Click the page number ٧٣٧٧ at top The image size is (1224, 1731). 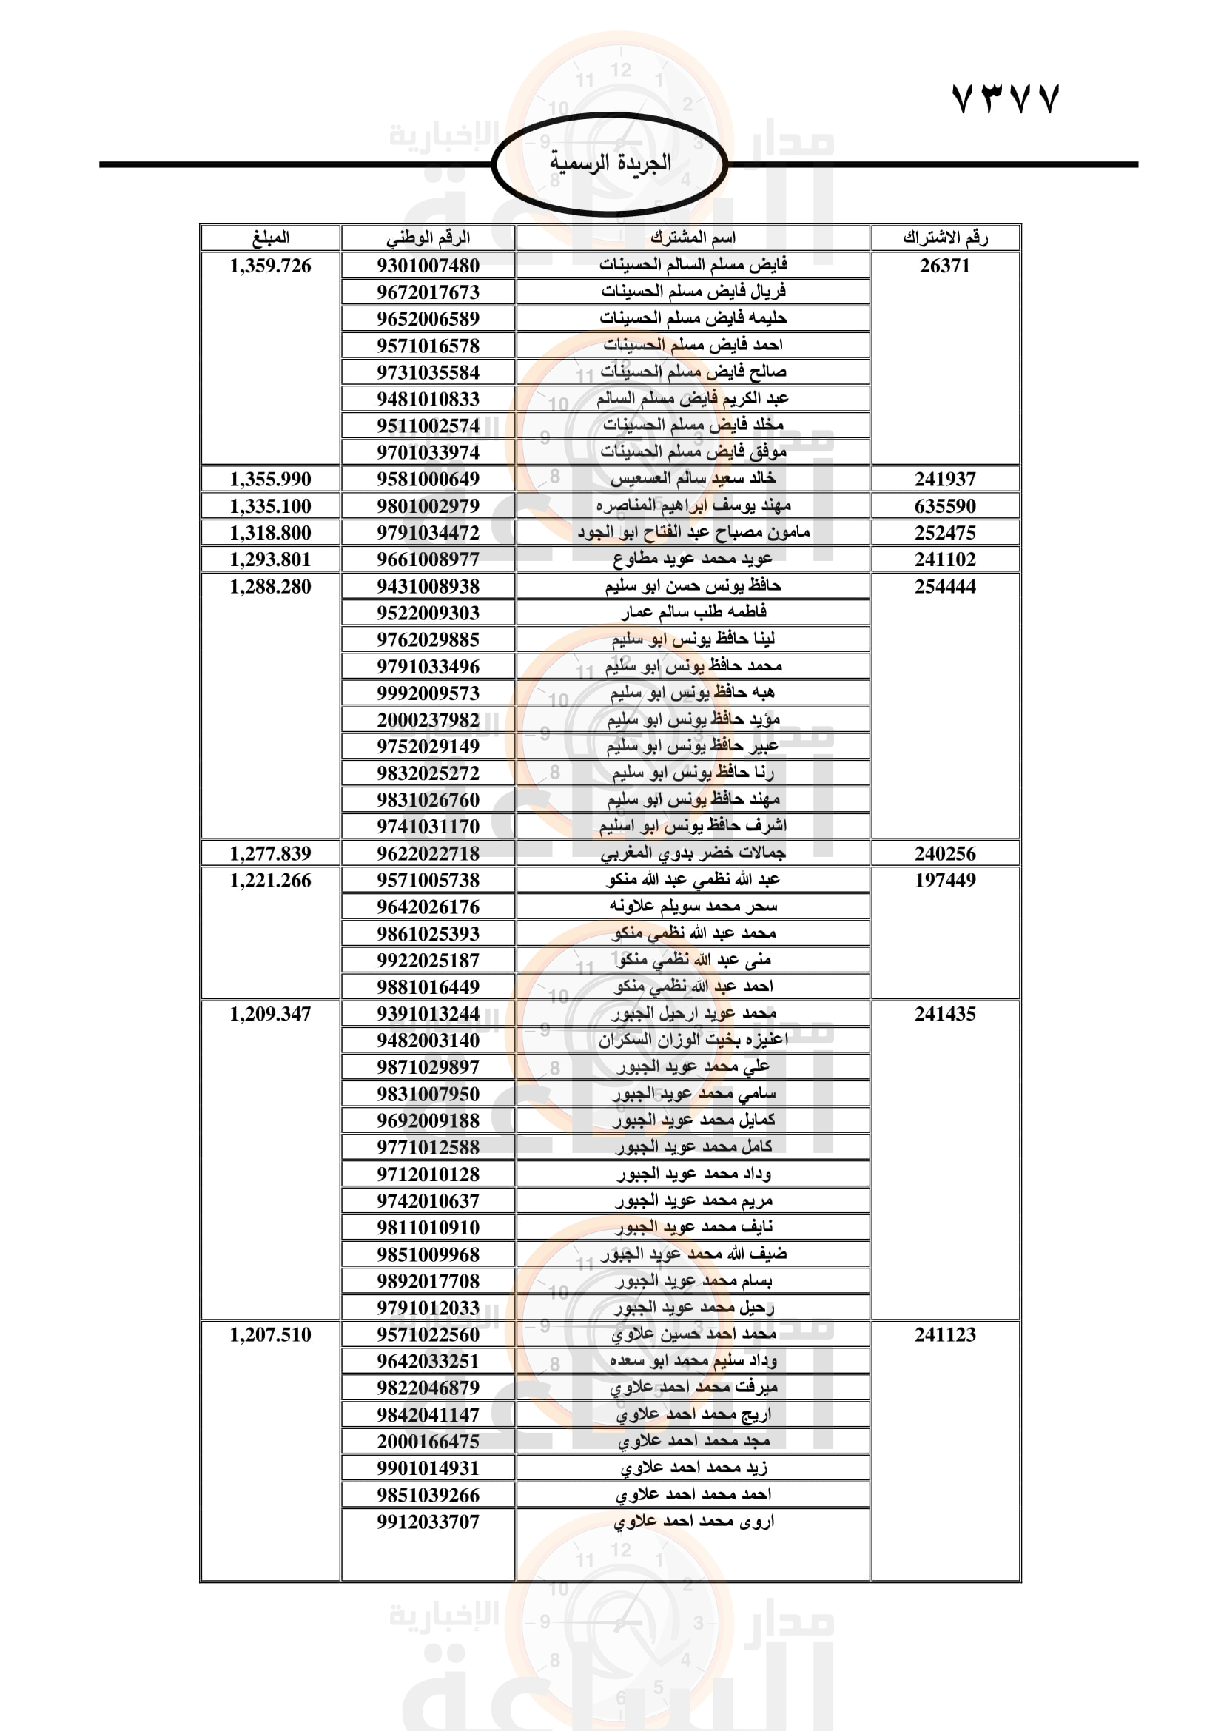pos(1006,98)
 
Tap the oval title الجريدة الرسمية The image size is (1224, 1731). pos(610,163)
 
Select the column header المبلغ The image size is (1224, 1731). pos(271,238)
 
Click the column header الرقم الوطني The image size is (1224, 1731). pos(428,238)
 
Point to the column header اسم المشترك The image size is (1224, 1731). pos(693,238)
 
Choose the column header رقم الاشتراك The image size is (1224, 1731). pos(945,238)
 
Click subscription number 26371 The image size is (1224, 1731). pos(945,266)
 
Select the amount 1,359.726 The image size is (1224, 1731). pos(271,266)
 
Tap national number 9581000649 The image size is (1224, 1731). pos(428,479)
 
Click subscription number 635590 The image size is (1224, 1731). pos(945,506)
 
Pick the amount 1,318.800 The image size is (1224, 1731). pos(271,532)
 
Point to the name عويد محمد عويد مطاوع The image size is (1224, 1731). pos(693,559)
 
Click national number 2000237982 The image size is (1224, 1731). pos(428,719)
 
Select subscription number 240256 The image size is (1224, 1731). pos(945,853)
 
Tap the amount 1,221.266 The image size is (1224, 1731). pos(271,880)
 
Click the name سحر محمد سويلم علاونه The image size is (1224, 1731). pos(693,907)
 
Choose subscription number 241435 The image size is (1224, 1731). pos(945,1013)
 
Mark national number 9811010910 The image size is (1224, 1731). pos(428,1227)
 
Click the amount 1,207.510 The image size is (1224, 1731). pos(271,1334)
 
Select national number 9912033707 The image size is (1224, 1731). pos(428,1522)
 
